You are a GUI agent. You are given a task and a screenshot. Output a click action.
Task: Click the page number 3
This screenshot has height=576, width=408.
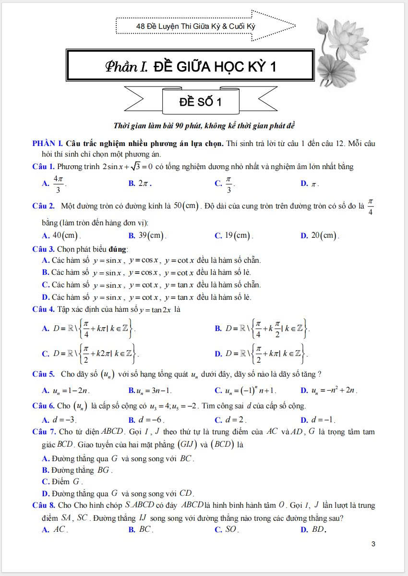[373, 544]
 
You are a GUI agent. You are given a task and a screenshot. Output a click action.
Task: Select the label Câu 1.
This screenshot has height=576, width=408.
[43, 167]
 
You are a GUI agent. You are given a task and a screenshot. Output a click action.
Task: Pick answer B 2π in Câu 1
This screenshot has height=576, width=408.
[141, 184]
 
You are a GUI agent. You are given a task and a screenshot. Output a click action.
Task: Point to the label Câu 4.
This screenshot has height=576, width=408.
[43, 309]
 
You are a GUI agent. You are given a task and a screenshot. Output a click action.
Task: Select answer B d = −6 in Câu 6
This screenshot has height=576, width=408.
[146, 419]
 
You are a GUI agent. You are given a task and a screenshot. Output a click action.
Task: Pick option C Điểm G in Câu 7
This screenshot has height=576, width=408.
[63, 481]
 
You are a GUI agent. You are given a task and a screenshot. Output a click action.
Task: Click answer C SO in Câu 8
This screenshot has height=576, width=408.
[227, 530]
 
